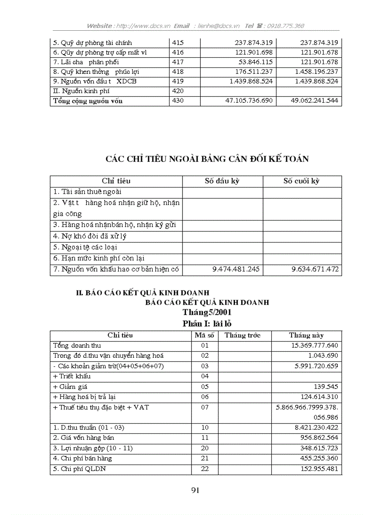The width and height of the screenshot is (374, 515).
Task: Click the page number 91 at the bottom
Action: pyautogui.click(x=195, y=490)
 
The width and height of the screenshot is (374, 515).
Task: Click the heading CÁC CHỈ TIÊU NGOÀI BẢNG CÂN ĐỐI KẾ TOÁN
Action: pyautogui.click(x=207, y=159)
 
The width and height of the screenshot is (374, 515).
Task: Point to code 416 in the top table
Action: pyautogui.click(x=178, y=52)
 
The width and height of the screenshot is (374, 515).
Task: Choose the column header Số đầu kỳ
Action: pyautogui.click(x=222, y=181)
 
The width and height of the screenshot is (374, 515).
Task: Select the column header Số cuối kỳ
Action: pyautogui.click(x=301, y=181)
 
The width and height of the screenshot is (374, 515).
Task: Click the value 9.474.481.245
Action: pyautogui.click(x=236, y=270)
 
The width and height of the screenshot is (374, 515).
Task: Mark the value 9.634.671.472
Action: pyautogui.click(x=315, y=270)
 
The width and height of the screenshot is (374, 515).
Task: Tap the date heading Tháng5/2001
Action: pyautogui.click(x=207, y=312)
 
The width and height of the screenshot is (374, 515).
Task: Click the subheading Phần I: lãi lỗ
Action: pyautogui.click(x=207, y=323)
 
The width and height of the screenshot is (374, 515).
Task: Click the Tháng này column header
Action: pyautogui.click(x=306, y=335)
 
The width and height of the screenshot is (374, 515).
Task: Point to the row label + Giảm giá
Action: pyautogui.click(x=71, y=387)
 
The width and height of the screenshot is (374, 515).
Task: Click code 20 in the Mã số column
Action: pyautogui.click(x=204, y=448)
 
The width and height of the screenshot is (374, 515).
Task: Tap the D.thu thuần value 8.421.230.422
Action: pyautogui.click(x=311, y=427)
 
